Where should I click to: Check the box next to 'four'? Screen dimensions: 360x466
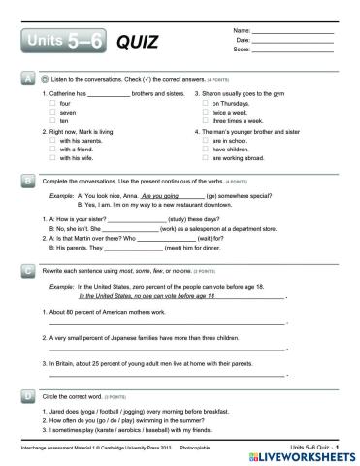[x=52, y=102]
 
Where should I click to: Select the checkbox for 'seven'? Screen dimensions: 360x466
[x=52, y=111]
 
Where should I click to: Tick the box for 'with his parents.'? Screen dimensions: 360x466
[x=52, y=141]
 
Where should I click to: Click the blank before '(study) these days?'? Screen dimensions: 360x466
[x=135, y=220]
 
